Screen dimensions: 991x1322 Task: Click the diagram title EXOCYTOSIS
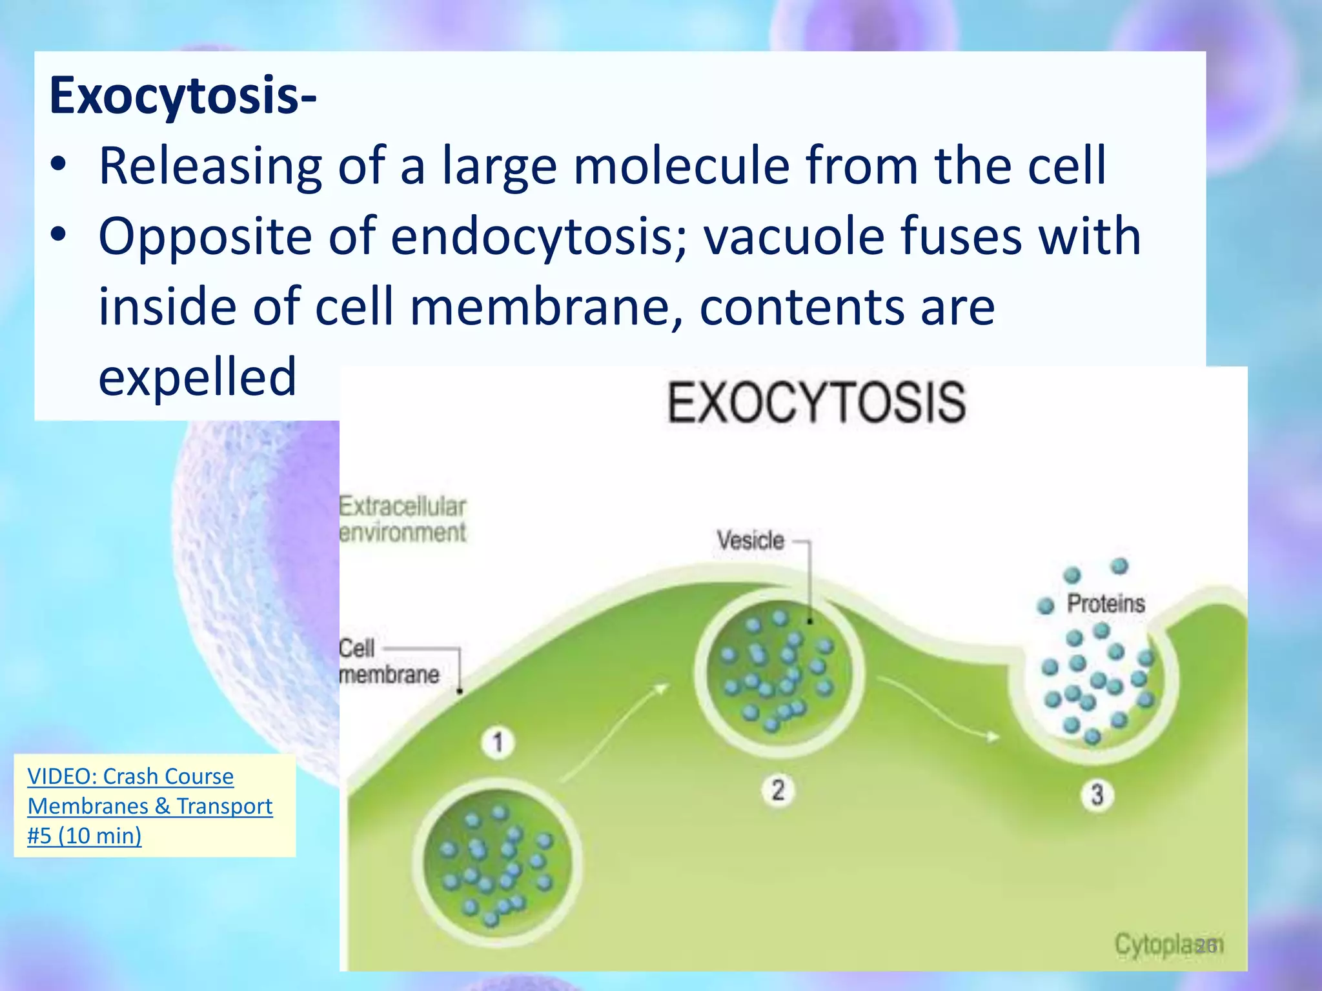[816, 403]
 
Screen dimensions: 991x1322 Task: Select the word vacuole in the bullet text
[794, 236]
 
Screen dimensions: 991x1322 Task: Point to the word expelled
[198, 377]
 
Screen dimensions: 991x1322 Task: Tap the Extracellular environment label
[402, 519]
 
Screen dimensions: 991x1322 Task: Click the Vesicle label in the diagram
[750, 541]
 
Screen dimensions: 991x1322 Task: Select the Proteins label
[1105, 604]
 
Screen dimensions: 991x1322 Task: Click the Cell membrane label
[389, 661]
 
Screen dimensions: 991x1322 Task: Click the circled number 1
[498, 743]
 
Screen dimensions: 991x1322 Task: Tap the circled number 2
[778, 790]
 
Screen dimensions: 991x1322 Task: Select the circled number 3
[1097, 794]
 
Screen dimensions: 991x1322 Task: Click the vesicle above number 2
[778, 672]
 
